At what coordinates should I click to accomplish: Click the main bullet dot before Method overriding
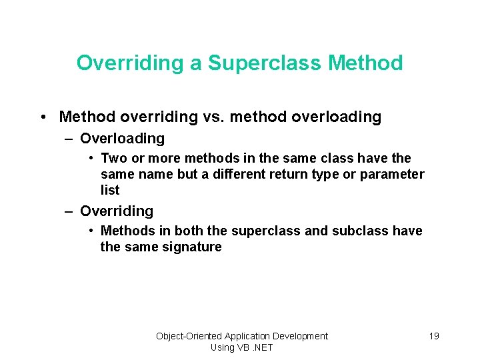(x=42, y=117)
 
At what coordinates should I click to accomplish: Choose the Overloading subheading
(x=122, y=139)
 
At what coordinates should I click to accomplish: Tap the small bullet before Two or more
(x=91, y=159)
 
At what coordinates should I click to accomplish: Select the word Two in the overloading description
(x=112, y=159)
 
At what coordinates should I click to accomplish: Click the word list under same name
(x=110, y=191)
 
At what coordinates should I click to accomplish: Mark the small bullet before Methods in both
(x=91, y=231)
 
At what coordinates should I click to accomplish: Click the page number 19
(x=433, y=336)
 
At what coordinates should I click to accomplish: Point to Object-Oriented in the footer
(x=189, y=336)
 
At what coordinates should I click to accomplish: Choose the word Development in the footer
(x=301, y=336)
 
